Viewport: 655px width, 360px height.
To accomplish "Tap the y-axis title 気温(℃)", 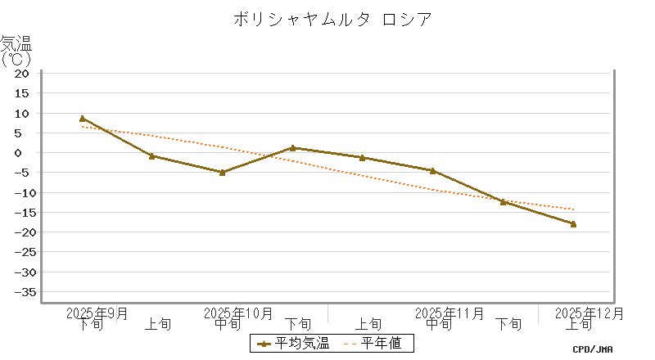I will pos(16,51).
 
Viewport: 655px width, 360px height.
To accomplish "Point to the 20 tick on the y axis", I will pos(22,74).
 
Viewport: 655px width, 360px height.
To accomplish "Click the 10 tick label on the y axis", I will pos(22,113).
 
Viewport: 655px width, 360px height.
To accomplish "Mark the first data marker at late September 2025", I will pos(82,119).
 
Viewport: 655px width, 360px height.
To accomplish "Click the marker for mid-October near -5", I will pos(222,172).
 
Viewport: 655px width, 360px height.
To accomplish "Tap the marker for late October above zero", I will pos(292,148).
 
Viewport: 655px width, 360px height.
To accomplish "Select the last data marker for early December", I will pos(573,223).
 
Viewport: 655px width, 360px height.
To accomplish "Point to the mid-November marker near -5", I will pos(432,171).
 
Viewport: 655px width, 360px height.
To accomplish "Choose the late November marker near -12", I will pos(503,201).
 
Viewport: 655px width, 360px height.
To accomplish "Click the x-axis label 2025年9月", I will pos(97,313).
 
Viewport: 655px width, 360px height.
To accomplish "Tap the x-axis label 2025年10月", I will pos(238,313).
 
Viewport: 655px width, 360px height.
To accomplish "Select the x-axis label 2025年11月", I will pos(449,313).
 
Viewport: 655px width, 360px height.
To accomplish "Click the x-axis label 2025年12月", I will pos(589,313).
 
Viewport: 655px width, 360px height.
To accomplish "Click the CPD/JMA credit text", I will pos(592,349).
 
